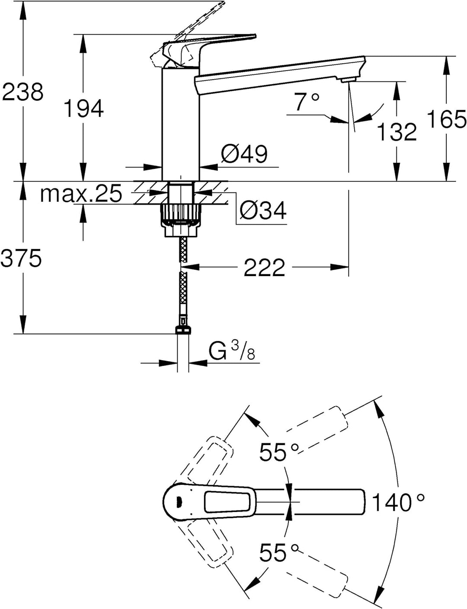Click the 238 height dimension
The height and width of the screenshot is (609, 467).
[22, 92]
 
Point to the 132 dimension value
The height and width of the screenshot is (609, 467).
[397, 131]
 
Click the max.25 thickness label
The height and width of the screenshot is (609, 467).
[81, 193]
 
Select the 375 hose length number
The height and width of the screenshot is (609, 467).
[21, 258]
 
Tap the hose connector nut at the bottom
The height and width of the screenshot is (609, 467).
[183, 330]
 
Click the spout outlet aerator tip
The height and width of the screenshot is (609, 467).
[348, 81]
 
